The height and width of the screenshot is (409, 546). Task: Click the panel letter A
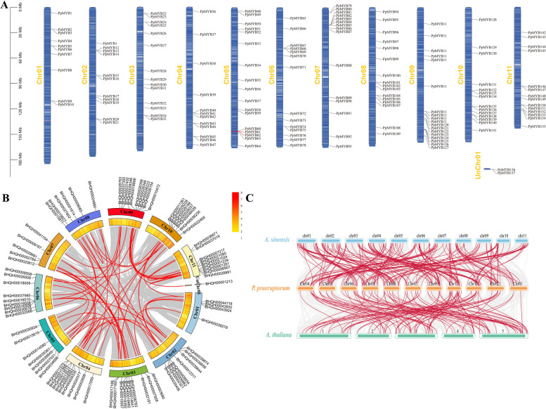(5, 5)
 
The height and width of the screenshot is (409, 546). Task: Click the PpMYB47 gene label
(208, 145)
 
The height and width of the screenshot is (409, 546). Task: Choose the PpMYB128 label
(488, 20)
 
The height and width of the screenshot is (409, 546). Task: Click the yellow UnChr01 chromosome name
(481, 171)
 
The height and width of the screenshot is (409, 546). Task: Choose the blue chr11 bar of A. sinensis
(522, 241)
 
